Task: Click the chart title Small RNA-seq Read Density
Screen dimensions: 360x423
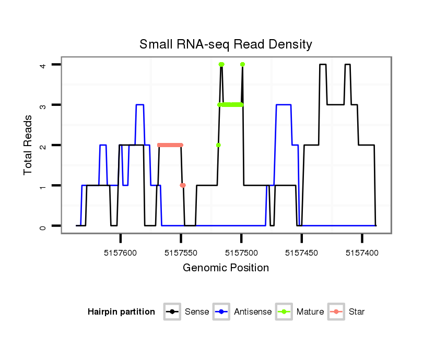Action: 226,44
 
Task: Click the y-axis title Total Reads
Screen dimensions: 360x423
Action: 29,145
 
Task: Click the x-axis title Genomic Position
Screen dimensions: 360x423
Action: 226,268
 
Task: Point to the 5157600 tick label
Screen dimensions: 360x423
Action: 121,253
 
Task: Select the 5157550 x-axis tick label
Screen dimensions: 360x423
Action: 181,253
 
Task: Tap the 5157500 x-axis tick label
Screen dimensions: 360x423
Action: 241,253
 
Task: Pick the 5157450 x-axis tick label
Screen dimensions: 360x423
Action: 302,253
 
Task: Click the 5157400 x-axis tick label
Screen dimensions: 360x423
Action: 362,253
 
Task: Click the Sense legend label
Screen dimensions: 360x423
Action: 197,312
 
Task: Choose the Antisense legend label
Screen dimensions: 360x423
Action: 253,312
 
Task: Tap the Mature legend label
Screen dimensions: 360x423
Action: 310,312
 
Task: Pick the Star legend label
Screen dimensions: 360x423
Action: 357,312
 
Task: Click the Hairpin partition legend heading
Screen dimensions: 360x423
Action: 121,312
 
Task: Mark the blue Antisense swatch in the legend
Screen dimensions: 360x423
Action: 222,312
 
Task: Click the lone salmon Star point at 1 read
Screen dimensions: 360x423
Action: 183,185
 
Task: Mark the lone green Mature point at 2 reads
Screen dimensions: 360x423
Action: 218,145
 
